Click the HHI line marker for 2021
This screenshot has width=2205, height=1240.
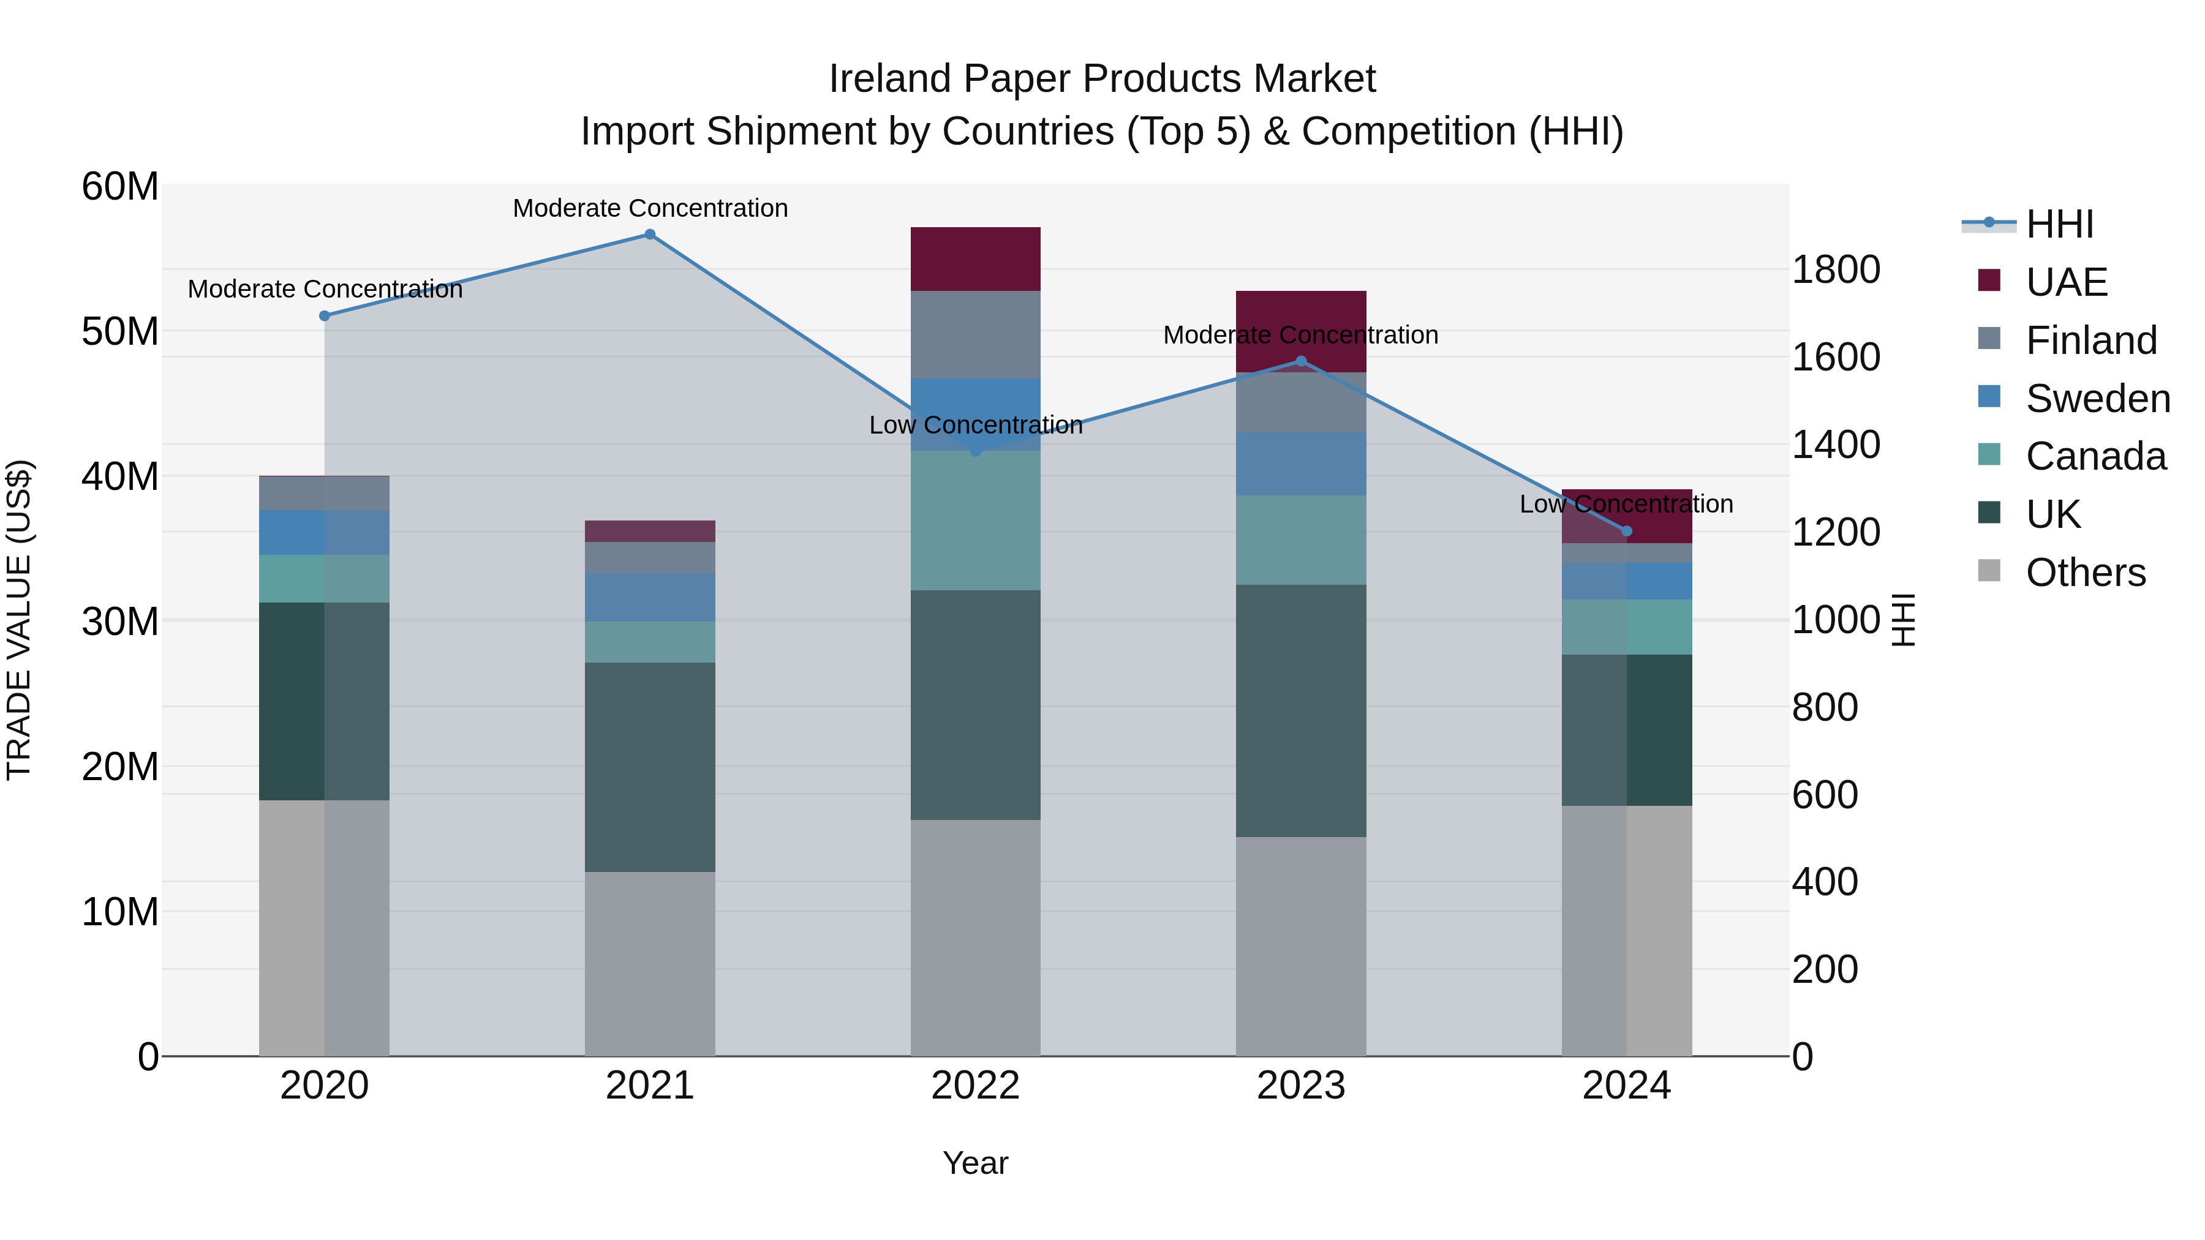coord(650,235)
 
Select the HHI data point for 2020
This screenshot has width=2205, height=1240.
coord(325,316)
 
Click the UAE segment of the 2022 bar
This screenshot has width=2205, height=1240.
coord(975,259)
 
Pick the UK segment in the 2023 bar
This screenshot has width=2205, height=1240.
coord(1300,710)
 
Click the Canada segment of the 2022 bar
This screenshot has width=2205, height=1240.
coord(975,520)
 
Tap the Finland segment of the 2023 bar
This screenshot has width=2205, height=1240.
coord(1300,403)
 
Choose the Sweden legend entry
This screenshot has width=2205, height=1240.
coord(2097,399)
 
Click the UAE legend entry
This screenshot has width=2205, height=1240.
coord(2065,282)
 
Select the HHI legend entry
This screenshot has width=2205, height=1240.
coord(2059,224)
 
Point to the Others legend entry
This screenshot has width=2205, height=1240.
coord(2085,573)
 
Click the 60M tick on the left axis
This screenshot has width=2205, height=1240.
coord(120,187)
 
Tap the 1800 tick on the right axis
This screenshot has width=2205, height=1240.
coord(1836,269)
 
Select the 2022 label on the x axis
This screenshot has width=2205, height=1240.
coord(975,1086)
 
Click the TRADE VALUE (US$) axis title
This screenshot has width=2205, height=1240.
coord(20,620)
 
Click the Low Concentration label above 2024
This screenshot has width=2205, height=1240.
coord(1626,504)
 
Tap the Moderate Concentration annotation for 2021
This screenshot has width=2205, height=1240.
coord(650,208)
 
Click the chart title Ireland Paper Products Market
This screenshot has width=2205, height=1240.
coord(1102,79)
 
